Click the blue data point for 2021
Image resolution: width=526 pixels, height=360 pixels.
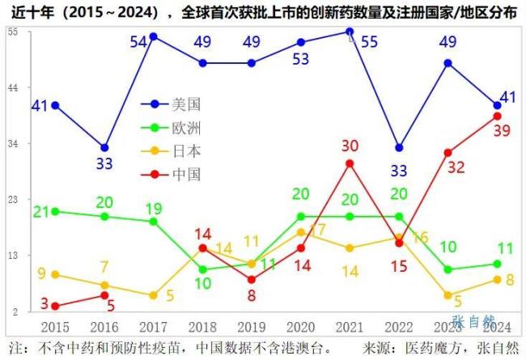(x=350, y=32)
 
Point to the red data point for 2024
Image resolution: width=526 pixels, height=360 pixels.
(x=497, y=116)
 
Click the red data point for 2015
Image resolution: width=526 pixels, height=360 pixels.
(x=55, y=306)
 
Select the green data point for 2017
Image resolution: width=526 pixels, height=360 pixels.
(x=153, y=221)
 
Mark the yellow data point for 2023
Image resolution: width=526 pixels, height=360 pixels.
(x=448, y=295)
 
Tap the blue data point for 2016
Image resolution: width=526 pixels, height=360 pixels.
(x=104, y=147)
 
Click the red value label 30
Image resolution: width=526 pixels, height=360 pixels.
(x=350, y=146)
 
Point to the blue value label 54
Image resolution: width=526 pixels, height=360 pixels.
(x=139, y=41)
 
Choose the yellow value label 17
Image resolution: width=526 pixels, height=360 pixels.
(x=318, y=230)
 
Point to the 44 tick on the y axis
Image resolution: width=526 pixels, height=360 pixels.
(x=13, y=87)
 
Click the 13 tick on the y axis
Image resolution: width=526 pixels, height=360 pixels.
(x=13, y=256)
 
